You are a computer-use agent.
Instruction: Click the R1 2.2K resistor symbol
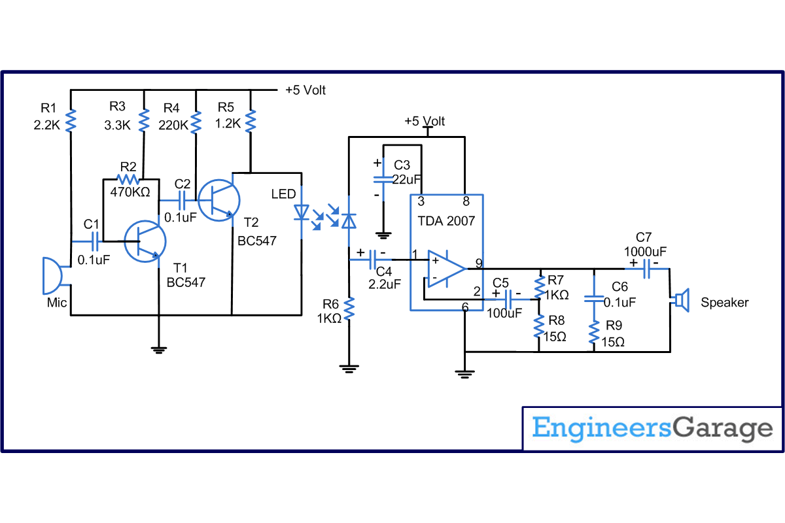[71, 120]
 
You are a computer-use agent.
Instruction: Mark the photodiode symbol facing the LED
[349, 220]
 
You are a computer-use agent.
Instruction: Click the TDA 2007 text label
[446, 221]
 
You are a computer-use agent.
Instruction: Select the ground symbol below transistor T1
[158, 349]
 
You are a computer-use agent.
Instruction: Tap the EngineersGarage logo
[652, 429]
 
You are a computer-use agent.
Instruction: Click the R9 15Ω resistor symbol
[594, 332]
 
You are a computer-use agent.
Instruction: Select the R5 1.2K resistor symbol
[251, 120]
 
